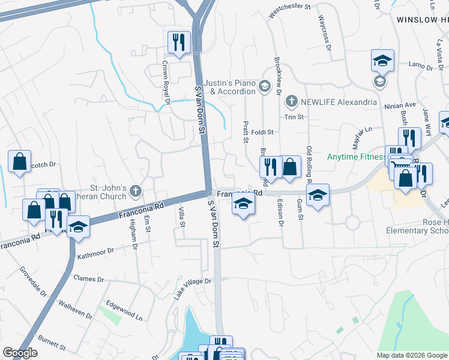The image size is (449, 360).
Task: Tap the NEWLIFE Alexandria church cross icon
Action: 291,102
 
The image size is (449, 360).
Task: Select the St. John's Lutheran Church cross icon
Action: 136,191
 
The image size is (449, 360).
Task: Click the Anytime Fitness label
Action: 356,157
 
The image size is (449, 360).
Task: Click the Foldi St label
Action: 262,132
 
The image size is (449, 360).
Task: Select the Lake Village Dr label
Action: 193,288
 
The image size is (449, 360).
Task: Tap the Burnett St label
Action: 51,343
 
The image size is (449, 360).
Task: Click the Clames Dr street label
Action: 88,280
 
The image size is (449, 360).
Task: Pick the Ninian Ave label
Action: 399,105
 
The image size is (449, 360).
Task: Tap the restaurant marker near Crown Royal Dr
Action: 179,42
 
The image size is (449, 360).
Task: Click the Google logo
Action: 20,353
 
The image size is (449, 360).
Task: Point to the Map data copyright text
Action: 411,355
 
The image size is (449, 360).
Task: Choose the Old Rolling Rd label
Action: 310,164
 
